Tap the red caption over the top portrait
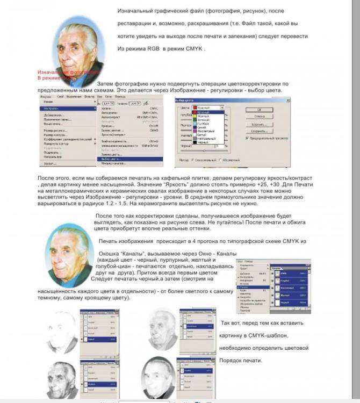[x=69, y=75]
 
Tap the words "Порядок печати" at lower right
[x=241, y=360]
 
